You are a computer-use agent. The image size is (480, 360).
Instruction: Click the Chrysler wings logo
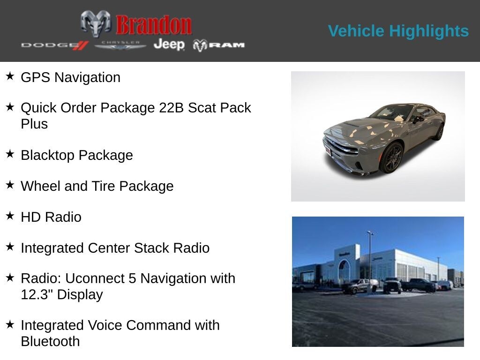(x=120, y=45)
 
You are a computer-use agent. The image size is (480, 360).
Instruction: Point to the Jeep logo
(x=169, y=45)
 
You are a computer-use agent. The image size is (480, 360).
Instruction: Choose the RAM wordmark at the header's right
(x=219, y=45)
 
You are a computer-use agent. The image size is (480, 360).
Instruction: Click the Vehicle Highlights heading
(x=398, y=31)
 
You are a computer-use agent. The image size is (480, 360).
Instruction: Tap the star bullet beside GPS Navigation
(x=10, y=76)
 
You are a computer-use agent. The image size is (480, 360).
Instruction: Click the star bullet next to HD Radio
(x=10, y=216)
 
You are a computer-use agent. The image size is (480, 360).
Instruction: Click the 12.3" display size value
(x=37, y=295)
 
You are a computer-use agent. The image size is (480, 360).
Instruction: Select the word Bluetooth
(x=50, y=341)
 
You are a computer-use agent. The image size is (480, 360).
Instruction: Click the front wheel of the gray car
(x=391, y=157)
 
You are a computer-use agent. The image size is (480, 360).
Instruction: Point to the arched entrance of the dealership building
(x=345, y=270)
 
